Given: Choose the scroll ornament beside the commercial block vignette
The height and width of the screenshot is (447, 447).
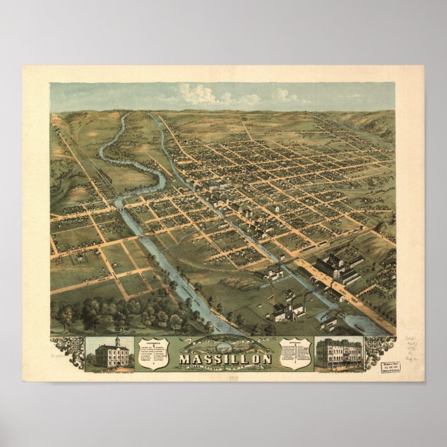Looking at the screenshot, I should (x=380, y=347).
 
